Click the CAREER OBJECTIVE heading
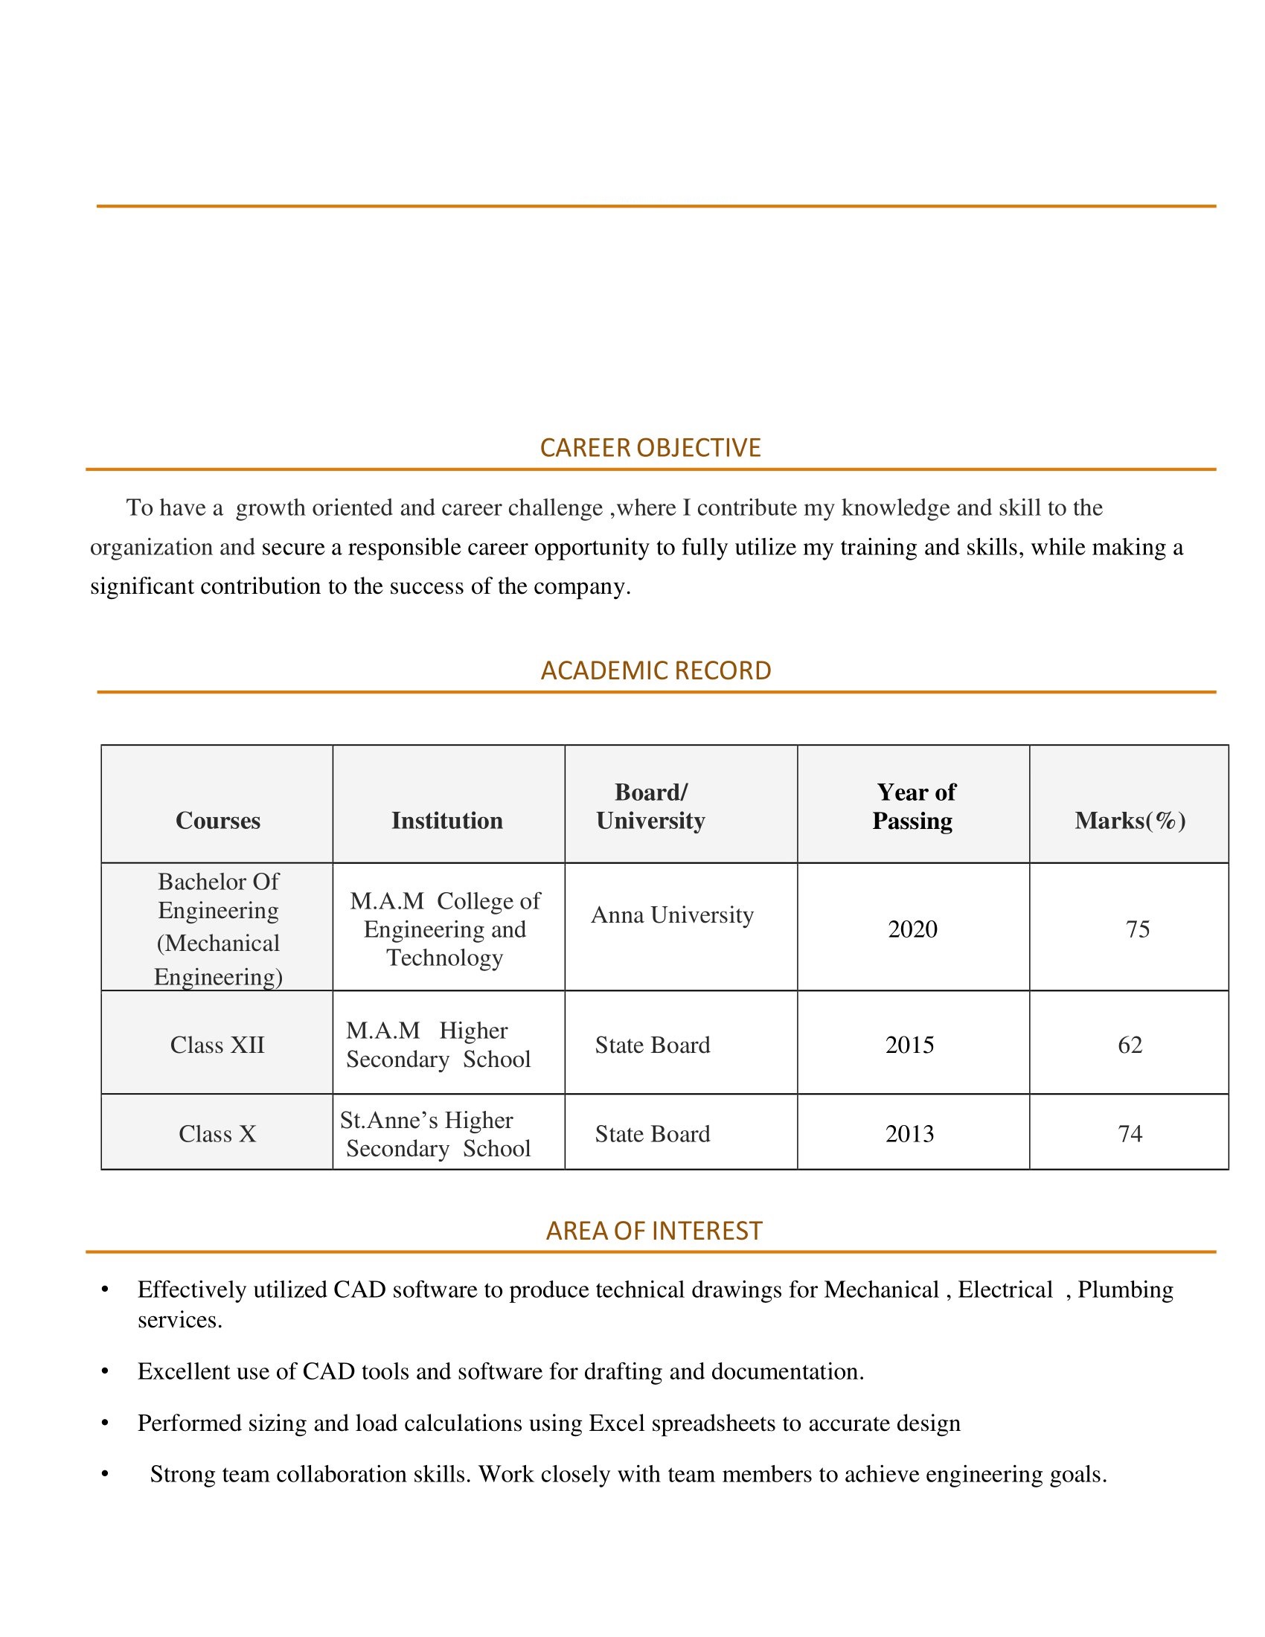coord(650,447)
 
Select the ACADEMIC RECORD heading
coord(656,670)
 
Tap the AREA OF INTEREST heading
coord(653,1231)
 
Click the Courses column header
coord(217,820)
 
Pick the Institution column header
coord(446,820)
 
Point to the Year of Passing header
coord(914,807)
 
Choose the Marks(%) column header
coord(1130,820)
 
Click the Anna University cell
coord(672,914)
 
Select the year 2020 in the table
coord(912,929)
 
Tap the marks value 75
coord(1137,929)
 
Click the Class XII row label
coord(217,1045)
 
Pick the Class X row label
coord(217,1134)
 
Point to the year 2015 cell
coord(909,1045)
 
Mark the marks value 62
coord(1130,1045)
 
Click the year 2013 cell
coord(909,1134)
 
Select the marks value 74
coord(1130,1134)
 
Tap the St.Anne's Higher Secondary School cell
coord(437,1134)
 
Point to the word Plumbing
coord(1125,1290)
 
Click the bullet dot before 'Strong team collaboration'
coord(105,1474)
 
